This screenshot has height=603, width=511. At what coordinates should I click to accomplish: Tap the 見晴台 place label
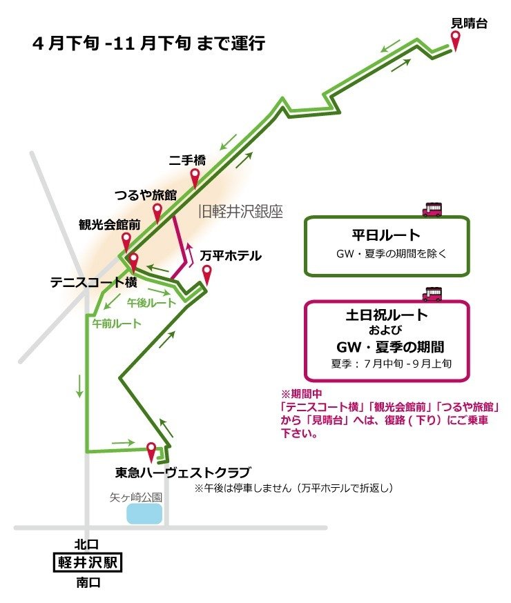[x=470, y=23]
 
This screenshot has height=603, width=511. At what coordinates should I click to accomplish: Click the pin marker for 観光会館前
[x=127, y=241]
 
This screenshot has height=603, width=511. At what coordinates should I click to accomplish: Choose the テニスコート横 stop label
[x=93, y=283]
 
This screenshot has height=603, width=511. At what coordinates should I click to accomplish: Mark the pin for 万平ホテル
[x=206, y=274]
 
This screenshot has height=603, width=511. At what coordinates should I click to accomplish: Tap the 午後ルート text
[x=151, y=303]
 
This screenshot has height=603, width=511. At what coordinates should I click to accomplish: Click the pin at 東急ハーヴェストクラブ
[x=151, y=451]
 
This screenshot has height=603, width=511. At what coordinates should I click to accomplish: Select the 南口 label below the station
[x=89, y=584]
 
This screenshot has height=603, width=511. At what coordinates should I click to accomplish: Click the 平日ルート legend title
[x=386, y=235]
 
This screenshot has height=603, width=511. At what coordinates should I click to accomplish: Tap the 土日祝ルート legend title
[x=387, y=315]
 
